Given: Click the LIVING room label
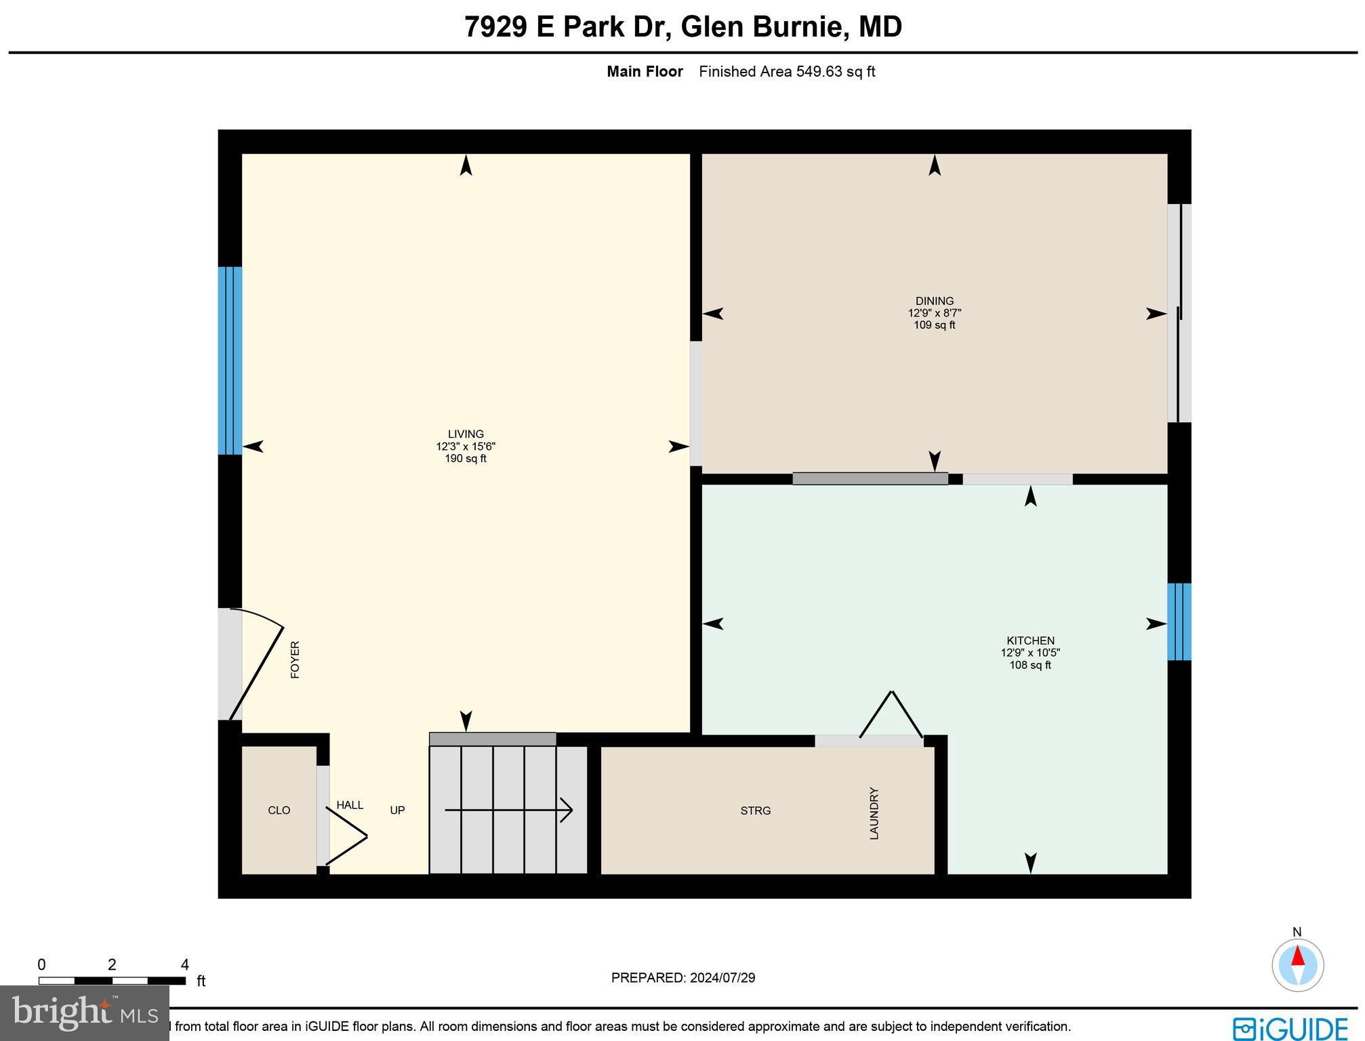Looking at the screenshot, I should click(x=466, y=434).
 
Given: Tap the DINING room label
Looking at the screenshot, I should click(x=934, y=301).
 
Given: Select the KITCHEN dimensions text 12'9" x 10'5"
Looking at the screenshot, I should click(x=1030, y=653).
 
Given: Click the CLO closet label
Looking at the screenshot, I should click(x=279, y=810).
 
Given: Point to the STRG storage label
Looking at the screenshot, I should click(x=755, y=811).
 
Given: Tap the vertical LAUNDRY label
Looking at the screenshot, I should click(x=874, y=813).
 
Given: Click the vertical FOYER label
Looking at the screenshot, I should click(x=295, y=659).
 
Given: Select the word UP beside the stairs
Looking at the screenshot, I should click(x=397, y=810).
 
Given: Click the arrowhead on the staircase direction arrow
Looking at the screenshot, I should click(x=567, y=810).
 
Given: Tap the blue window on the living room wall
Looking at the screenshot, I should click(x=230, y=361).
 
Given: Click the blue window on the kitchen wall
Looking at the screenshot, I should click(x=1179, y=621).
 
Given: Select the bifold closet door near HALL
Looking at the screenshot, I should click(x=347, y=837).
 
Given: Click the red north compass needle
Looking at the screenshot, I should click(x=1297, y=956).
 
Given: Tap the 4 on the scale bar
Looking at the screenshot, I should click(x=184, y=964).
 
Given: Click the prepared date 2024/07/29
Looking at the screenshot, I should click(x=722, y=978).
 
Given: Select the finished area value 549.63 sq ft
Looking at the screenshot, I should click(x=835, y=71).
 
